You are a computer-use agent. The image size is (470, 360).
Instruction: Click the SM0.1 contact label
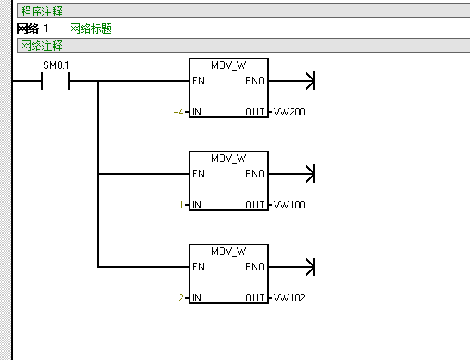(56, 65)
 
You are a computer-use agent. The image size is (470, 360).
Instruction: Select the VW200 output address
(289, 112)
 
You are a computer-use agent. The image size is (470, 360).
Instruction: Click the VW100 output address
(289, 205)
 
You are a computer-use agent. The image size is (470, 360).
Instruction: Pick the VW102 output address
(289, 298)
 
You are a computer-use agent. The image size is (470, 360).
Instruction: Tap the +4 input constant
(179, 112)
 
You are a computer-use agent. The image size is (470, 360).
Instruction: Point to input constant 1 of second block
(181, 205)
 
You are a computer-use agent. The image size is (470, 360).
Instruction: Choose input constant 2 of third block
(181, 298)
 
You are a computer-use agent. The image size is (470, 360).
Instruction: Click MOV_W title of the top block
(229, 65)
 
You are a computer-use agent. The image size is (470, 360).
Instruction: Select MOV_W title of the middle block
(229, 158)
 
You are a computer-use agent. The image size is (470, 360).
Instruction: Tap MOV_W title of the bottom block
(229, 251)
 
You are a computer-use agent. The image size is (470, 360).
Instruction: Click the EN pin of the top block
(199, 81)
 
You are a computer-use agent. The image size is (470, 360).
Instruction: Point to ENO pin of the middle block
(255, 174)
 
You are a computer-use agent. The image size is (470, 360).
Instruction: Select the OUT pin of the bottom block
(255, 298)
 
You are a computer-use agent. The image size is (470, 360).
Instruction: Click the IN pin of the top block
(196, 112)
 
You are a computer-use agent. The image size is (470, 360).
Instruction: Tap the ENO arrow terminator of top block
(311, 81)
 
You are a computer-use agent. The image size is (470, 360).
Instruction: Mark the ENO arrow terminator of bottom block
(311, 267)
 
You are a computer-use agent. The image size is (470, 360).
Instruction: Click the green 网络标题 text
(91, 28)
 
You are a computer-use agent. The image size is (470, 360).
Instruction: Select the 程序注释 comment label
(41, 11)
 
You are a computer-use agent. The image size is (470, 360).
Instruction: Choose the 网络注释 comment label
(41, 46)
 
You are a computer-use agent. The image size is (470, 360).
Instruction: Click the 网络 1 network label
(33, 28)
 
